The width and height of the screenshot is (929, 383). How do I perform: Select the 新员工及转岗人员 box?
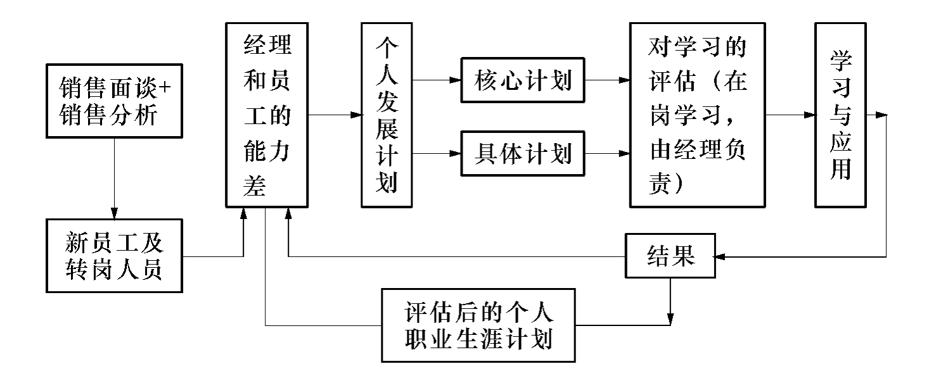pos(113,256)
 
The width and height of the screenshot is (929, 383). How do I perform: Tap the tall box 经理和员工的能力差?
pos(267,114)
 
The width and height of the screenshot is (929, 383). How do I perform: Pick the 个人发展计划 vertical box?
pos(386,115)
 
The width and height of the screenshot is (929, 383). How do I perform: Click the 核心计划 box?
pos(522,81)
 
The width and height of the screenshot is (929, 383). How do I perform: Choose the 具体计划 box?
pos(522,153)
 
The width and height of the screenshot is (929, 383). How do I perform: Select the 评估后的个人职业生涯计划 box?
pos(478,325)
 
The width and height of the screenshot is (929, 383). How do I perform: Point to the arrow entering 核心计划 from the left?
pos(437,81)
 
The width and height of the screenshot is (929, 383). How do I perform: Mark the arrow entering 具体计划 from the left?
pos(437,153)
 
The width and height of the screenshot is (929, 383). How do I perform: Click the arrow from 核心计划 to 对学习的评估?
pos(606,81)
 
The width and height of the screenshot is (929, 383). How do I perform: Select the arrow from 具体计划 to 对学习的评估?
pos(606,153)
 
